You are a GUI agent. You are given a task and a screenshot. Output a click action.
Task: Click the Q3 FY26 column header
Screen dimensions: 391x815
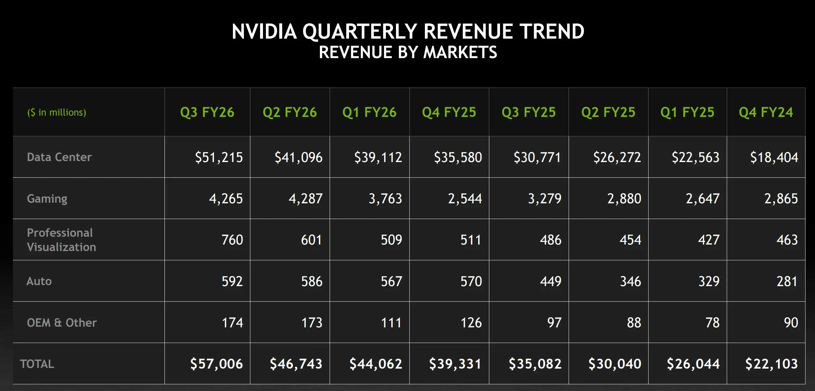207,112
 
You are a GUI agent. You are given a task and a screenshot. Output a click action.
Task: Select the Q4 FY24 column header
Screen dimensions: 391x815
766,112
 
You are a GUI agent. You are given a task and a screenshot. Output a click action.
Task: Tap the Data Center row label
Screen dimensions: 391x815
59,157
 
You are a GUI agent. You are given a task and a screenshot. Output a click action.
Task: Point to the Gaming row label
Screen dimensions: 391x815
47,198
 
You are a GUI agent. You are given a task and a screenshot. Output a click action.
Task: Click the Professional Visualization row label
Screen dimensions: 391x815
61,240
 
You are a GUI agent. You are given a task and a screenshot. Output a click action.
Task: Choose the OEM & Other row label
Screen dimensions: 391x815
62,322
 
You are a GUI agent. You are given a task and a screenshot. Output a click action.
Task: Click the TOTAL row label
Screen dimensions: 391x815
37,364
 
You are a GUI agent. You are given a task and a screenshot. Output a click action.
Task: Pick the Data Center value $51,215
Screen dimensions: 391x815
219,158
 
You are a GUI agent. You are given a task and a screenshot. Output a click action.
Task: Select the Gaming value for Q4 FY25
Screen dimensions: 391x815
465,199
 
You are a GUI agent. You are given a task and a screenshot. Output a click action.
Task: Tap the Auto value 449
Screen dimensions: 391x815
550,281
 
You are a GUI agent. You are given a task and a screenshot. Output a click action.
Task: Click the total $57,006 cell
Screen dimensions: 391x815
217,364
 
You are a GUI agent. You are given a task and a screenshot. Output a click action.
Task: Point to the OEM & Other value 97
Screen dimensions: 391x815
554,322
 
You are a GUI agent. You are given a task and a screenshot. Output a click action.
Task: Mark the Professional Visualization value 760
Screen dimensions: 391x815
232,240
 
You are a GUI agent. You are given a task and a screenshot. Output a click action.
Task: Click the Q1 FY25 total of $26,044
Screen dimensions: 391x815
693,364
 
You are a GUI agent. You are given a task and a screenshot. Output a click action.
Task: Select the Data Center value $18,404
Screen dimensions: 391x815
774,158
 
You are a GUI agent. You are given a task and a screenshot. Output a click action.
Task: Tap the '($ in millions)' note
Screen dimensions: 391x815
57,112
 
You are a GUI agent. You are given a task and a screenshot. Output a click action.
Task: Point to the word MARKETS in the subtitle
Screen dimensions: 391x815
460,52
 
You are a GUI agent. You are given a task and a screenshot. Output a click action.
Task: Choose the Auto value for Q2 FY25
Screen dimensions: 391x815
630,281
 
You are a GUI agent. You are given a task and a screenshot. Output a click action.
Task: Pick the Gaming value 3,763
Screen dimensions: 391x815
385,199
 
